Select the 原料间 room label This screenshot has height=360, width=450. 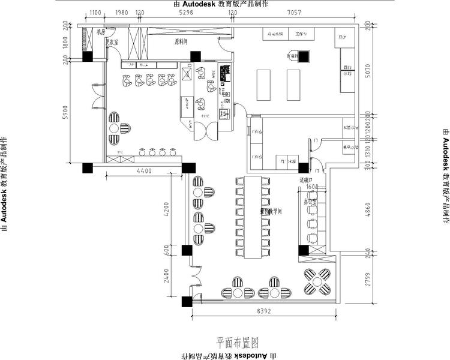click(x=181, y=42)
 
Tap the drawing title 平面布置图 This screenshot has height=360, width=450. click(x=237, y=343)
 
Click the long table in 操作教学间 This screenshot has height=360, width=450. click(x=252, y=217)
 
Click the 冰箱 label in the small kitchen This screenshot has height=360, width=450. click(x=292, y=162)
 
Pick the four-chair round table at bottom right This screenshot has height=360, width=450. click(x=317, y=282)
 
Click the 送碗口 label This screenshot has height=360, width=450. click(x=307, y=180)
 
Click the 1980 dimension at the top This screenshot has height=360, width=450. click(x=122, y=12)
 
